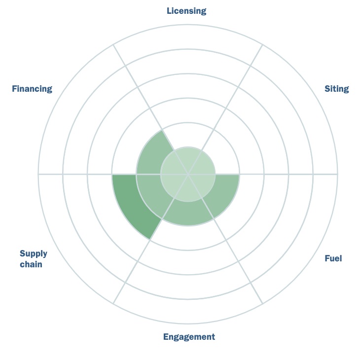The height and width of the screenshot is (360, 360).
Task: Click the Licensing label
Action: (x=186, y=11)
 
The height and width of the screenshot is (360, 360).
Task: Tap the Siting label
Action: (x=337, y=89)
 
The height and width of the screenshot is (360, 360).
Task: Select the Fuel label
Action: (x=333, y=258)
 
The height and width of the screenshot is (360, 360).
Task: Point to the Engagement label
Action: (x=189, y=337)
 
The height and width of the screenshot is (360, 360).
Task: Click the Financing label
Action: (x=32, y=89)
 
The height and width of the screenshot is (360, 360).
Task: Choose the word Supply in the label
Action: (x=34, y=254)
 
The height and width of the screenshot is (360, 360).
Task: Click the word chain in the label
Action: (x=31, y=264)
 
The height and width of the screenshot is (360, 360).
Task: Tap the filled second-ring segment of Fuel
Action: (x=222, y=194)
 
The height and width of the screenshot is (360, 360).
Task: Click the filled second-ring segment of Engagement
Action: (x=188, y=214)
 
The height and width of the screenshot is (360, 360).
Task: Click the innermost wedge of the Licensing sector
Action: (x=188, y=158)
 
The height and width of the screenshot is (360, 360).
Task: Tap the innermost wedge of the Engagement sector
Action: (x=188, y=190)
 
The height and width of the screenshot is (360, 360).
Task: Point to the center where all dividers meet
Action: (x=188, y=174)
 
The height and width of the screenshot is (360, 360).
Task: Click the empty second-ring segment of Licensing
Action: (x=188, y=135)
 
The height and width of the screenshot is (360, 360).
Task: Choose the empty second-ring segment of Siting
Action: (x=222, y=154)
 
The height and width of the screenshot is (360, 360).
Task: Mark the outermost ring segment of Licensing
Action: (x=188, y=36)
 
